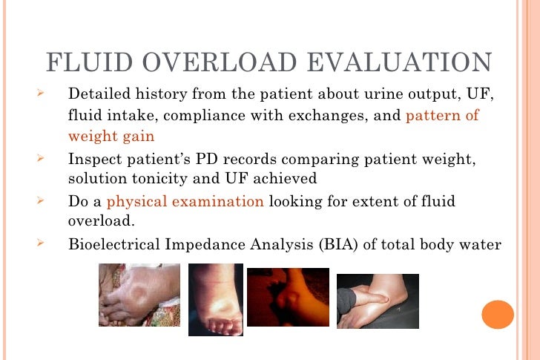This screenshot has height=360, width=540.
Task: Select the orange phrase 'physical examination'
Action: point(185,201)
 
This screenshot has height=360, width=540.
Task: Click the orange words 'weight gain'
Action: point(111,137)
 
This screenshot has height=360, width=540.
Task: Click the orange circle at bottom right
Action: point(498,313)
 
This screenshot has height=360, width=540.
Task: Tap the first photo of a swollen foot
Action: point(139,295)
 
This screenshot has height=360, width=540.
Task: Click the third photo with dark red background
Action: point(288,297)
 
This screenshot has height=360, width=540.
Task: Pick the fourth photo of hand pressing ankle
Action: point(377,301)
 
